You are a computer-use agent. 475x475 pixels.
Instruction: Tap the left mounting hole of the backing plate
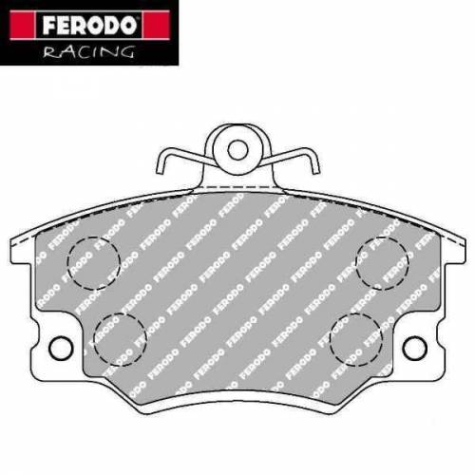(60, 348)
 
